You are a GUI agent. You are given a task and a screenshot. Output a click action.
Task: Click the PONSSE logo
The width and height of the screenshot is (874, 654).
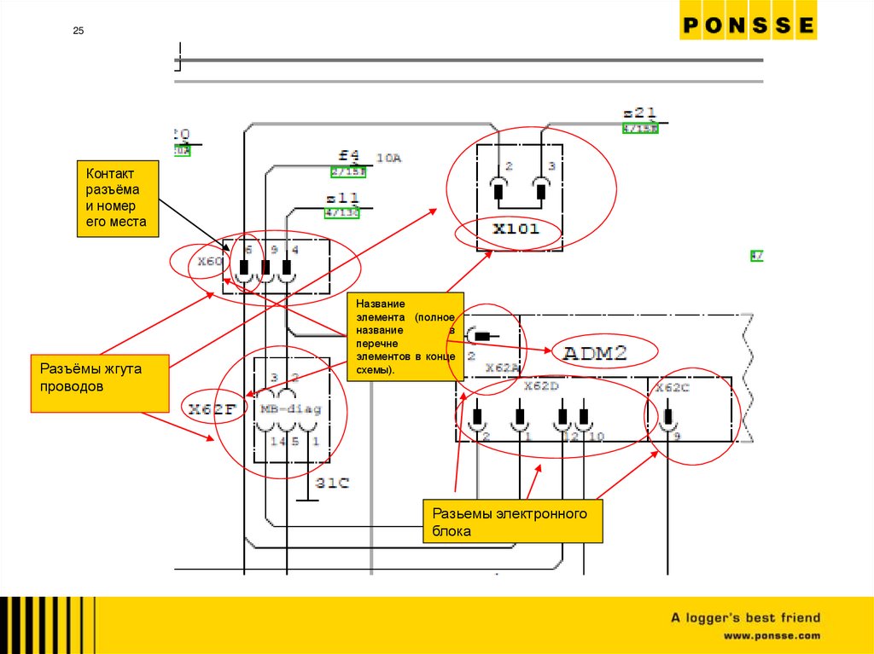[748, 26]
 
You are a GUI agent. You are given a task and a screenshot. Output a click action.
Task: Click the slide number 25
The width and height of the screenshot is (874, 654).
[78, 32]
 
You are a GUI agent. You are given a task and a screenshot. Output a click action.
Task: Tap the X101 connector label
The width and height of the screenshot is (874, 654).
[516, 229]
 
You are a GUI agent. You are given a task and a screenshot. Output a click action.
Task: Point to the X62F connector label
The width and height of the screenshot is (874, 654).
[213, 409]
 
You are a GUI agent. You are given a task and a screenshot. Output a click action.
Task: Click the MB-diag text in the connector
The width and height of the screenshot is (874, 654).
[291, 409]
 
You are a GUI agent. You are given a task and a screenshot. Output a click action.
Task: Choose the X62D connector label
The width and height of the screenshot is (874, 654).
[540, 386]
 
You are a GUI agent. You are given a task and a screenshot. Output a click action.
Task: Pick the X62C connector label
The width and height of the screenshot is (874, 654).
[673, 388]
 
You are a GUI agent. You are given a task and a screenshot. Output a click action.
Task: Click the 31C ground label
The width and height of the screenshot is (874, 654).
[333, 483]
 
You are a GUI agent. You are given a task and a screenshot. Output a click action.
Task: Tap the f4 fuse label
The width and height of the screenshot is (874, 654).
[349, 156]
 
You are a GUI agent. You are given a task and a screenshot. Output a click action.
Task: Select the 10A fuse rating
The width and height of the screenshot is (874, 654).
[388, 158]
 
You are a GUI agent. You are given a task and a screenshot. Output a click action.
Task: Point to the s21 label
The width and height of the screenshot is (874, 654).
[639, 113]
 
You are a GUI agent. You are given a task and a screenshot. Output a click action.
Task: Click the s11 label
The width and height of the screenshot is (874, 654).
[342, 198]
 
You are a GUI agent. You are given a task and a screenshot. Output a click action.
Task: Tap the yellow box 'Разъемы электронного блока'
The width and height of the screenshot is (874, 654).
[512, 522]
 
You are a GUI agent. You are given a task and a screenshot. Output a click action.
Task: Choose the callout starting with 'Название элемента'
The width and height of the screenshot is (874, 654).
[405, 336]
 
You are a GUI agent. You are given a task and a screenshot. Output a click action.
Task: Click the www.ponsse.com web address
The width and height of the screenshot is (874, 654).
[772, 636]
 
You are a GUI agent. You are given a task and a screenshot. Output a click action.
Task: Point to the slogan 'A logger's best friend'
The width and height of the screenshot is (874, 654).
[744, 618]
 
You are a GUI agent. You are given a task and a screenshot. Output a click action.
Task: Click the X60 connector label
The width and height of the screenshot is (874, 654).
[209, 262]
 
